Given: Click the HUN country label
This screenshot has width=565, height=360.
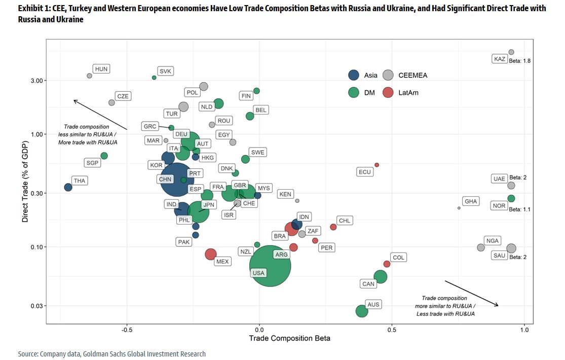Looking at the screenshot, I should (101, 69).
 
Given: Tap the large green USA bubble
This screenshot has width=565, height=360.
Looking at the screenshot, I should (270, 265).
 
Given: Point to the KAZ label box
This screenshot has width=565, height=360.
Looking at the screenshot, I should (500, 59).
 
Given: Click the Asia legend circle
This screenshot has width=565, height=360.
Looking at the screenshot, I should (355, 75).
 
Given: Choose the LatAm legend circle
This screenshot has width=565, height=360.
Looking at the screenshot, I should (388, 92).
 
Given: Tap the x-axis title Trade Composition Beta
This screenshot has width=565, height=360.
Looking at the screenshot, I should (289, 339).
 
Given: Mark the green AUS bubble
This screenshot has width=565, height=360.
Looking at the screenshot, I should (361, 311).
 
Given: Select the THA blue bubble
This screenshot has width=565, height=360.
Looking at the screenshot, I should (68, 187).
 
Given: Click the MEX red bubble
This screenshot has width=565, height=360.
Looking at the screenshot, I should (211, 254).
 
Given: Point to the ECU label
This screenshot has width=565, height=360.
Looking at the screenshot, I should (365, 172).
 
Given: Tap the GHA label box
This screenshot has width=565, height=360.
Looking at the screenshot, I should (471, 201).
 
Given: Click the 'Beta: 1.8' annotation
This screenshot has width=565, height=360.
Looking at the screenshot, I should (519, 61).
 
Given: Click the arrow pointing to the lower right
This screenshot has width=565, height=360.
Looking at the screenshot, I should (472, 294).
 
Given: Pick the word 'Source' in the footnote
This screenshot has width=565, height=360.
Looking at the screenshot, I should (27, 354).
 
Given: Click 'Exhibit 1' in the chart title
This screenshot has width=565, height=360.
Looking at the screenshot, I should (33, 9).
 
